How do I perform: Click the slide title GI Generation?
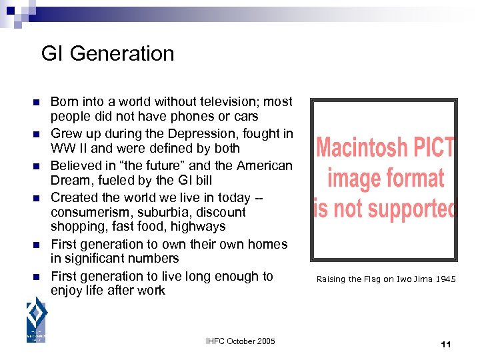(107, 53)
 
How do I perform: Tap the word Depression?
(205, 134)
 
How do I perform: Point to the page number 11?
(446, 344)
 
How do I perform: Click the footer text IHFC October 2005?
(240, 341)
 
